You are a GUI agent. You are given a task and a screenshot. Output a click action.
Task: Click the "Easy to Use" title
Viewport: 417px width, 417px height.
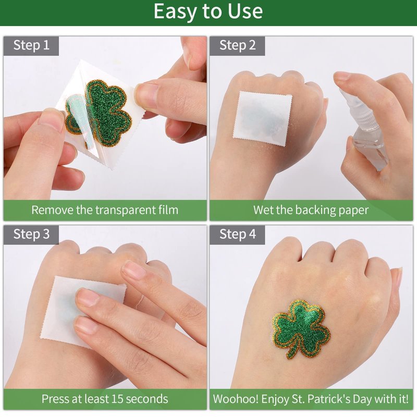208,11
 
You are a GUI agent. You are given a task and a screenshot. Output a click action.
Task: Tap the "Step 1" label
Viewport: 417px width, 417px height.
31,45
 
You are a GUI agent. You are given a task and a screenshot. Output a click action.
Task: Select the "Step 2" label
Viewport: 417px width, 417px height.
238,45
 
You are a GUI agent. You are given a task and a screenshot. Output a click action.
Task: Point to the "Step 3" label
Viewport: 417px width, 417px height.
31,234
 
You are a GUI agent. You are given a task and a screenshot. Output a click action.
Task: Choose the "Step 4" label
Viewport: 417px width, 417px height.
238,234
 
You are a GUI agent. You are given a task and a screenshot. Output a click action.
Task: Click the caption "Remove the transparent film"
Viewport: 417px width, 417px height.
105,210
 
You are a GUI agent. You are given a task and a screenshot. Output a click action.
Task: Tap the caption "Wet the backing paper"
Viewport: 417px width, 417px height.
311,210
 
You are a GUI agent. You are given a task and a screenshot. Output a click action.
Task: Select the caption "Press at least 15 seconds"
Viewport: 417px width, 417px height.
105,399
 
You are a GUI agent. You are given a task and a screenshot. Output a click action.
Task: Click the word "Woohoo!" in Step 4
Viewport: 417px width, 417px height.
236,399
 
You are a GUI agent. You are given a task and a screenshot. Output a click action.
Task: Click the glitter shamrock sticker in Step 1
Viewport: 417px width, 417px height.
99,114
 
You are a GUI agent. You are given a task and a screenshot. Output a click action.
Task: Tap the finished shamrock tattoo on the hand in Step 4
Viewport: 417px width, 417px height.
301,329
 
